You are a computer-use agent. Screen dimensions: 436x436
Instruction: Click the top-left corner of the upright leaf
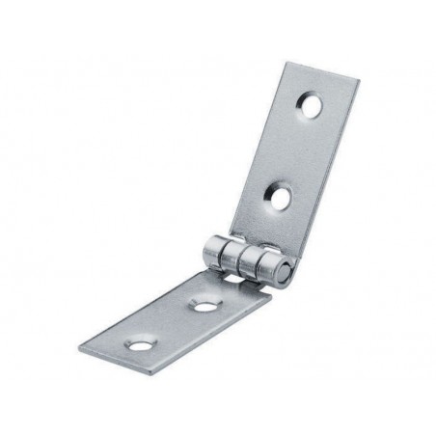click(287, 63)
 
